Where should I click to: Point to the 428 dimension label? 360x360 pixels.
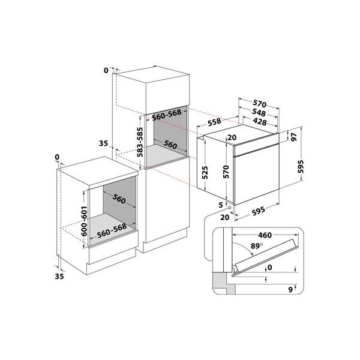click(x=259, y=122)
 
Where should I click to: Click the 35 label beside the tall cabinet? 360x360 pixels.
click(x=103, y=143)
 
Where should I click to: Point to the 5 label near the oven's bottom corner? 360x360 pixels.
click(x=221, y=205)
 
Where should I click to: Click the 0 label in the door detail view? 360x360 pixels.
click(x=269, y=268)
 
